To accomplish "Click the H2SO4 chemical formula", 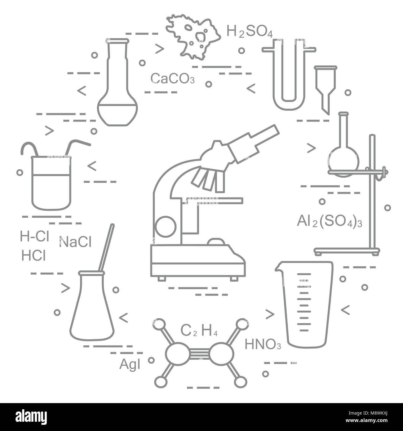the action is tap(250, 31).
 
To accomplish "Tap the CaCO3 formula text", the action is tap(173, 78).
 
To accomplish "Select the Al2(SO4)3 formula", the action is tap(330, 221).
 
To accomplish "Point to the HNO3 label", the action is tap(263, 344).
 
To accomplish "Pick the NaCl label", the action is tap(75, 242).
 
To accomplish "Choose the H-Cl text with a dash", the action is tap(34, 236).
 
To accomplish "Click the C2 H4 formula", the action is tap(199, 331).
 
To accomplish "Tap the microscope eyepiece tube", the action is tap(253, 143).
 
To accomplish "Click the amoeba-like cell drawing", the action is tap(193, 37).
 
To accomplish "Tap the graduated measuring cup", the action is tap(304, 304).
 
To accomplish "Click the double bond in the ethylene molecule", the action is tap(200, 354).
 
